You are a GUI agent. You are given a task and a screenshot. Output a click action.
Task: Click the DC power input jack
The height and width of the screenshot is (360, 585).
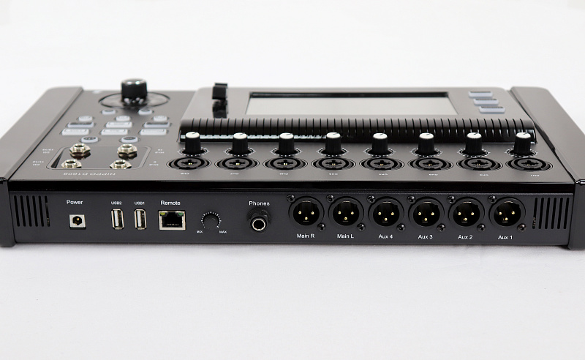(x=76, y=220)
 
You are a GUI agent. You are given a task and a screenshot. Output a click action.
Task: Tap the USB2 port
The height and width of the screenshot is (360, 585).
(x=116, y=219)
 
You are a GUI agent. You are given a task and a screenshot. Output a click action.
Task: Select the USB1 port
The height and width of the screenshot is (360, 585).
(x=140, y=219)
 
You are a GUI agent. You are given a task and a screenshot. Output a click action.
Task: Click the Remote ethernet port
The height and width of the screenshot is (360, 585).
(x=171, y=219)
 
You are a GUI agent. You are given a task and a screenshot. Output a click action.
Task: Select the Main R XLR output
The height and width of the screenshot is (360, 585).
(x=306, y=213)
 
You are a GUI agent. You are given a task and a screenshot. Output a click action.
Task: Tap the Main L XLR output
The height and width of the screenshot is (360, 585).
(x=346, y=213)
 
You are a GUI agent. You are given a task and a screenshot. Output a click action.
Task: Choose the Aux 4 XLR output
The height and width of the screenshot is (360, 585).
(x=386, y=213)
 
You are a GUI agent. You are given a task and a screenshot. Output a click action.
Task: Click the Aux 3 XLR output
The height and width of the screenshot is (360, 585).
(x=426, y=213)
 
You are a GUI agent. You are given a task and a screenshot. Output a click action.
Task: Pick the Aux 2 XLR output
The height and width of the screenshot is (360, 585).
(x=467, y=213)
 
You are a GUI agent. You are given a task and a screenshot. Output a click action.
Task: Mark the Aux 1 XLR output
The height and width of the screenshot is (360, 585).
(x=507, y=213)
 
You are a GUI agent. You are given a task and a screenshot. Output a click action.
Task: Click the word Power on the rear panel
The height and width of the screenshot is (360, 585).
(x=75, y=201)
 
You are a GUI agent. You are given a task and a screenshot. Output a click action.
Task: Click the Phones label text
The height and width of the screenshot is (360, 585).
(x=259, y=203)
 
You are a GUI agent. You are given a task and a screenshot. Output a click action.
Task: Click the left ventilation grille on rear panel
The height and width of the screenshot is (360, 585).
(x=31, y=211)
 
